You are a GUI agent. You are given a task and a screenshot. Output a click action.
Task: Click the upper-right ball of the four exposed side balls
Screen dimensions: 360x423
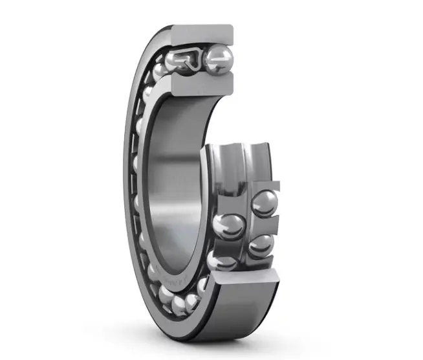(264, 203)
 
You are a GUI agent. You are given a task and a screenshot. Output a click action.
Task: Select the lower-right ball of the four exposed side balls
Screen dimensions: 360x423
(261, 246)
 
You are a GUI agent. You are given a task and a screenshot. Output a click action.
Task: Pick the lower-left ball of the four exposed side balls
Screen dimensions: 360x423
(222, 261)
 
